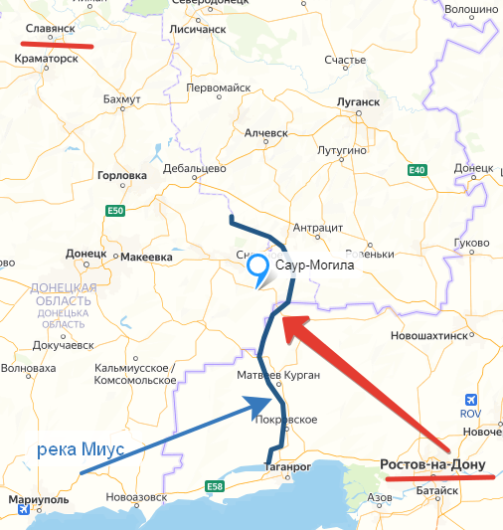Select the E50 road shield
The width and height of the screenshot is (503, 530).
tap(116, 211)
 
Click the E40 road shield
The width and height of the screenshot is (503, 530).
tap(417, 171)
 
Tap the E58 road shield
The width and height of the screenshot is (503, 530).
tap(214, 485)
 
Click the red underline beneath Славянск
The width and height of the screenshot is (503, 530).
tap(61, 44)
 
